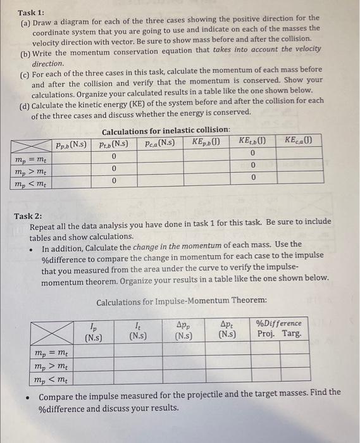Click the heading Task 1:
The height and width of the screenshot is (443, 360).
(30, 12)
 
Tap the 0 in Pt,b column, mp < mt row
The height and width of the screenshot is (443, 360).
(113, 181)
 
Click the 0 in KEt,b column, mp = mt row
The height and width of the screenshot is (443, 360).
(252, 155)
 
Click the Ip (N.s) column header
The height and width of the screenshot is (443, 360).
(94, 330)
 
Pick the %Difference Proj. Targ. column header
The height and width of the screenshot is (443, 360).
(279, 328)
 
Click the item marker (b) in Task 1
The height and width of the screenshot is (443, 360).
(25, 54)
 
